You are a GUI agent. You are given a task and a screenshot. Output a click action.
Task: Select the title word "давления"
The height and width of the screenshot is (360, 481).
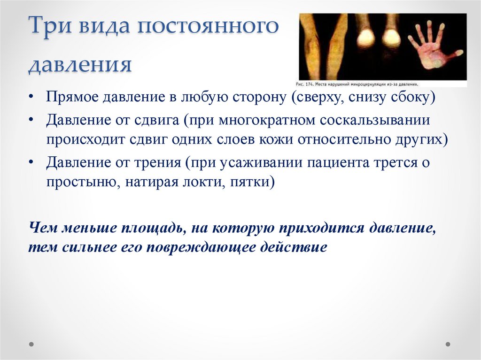[80, 64]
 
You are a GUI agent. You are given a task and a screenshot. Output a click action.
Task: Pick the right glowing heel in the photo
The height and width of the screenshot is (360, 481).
[391, 39]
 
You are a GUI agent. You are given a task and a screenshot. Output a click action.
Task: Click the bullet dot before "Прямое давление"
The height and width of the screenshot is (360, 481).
[31, 98]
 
